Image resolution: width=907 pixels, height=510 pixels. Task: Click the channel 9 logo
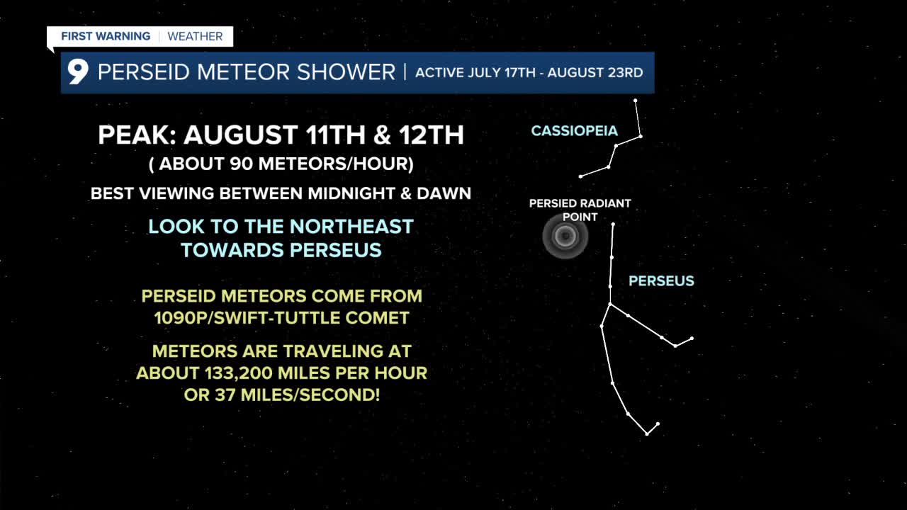[78, 72]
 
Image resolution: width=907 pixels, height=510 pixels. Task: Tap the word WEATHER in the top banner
[195, 36]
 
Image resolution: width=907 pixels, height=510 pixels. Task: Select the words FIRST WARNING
[106, 36]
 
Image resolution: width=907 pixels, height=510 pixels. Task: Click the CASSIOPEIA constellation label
[574, 131]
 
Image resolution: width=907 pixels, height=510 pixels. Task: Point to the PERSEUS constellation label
[661, 281]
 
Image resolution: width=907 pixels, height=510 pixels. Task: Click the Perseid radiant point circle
[565, 236]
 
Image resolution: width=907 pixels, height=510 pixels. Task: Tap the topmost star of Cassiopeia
[636, 101]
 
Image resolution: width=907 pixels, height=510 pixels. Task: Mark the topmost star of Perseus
[613, 224]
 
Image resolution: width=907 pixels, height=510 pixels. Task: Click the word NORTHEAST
[351, 226]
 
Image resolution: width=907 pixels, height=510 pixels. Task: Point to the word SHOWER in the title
[346, 72]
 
